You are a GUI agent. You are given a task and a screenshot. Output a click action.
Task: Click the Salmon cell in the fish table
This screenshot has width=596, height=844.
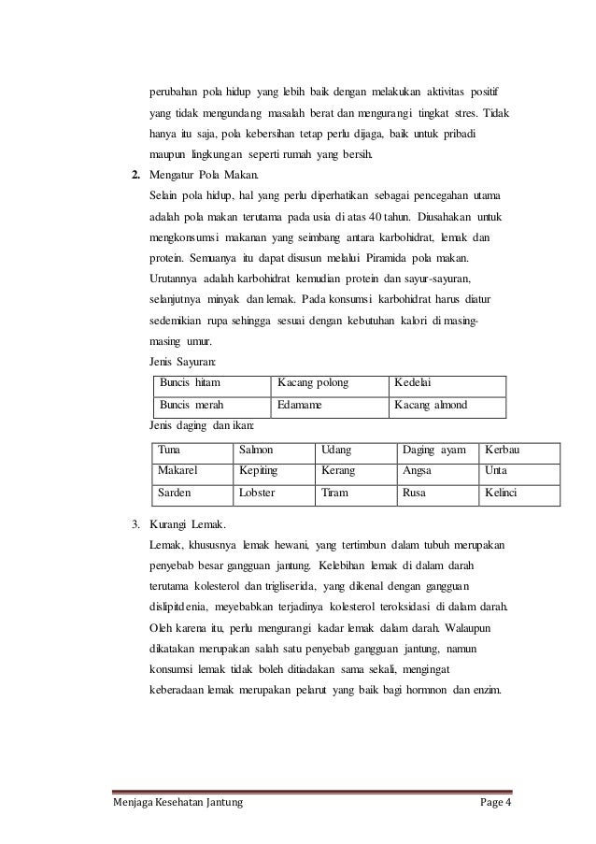pyautogui.click(x=256, y=450)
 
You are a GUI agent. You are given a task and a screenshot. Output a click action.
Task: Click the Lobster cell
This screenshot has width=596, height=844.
pyautogui.click(x=257, y=492)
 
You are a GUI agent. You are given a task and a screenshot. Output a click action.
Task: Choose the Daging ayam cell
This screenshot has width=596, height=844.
pyautogui.click(x=433, y=450)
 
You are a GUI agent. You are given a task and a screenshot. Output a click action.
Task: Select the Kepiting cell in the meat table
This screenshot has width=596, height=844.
pyautogui.click(x=259, y=470)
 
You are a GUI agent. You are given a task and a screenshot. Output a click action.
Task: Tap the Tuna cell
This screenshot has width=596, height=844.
pyautogui.click(x=170, y=450)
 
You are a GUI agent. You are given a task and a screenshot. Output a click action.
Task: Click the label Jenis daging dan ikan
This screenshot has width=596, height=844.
pyautogui.click(x=201, y=426)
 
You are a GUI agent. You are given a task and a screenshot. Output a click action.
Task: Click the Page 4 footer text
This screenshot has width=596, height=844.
pyautogui.click(x=492, y=804)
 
